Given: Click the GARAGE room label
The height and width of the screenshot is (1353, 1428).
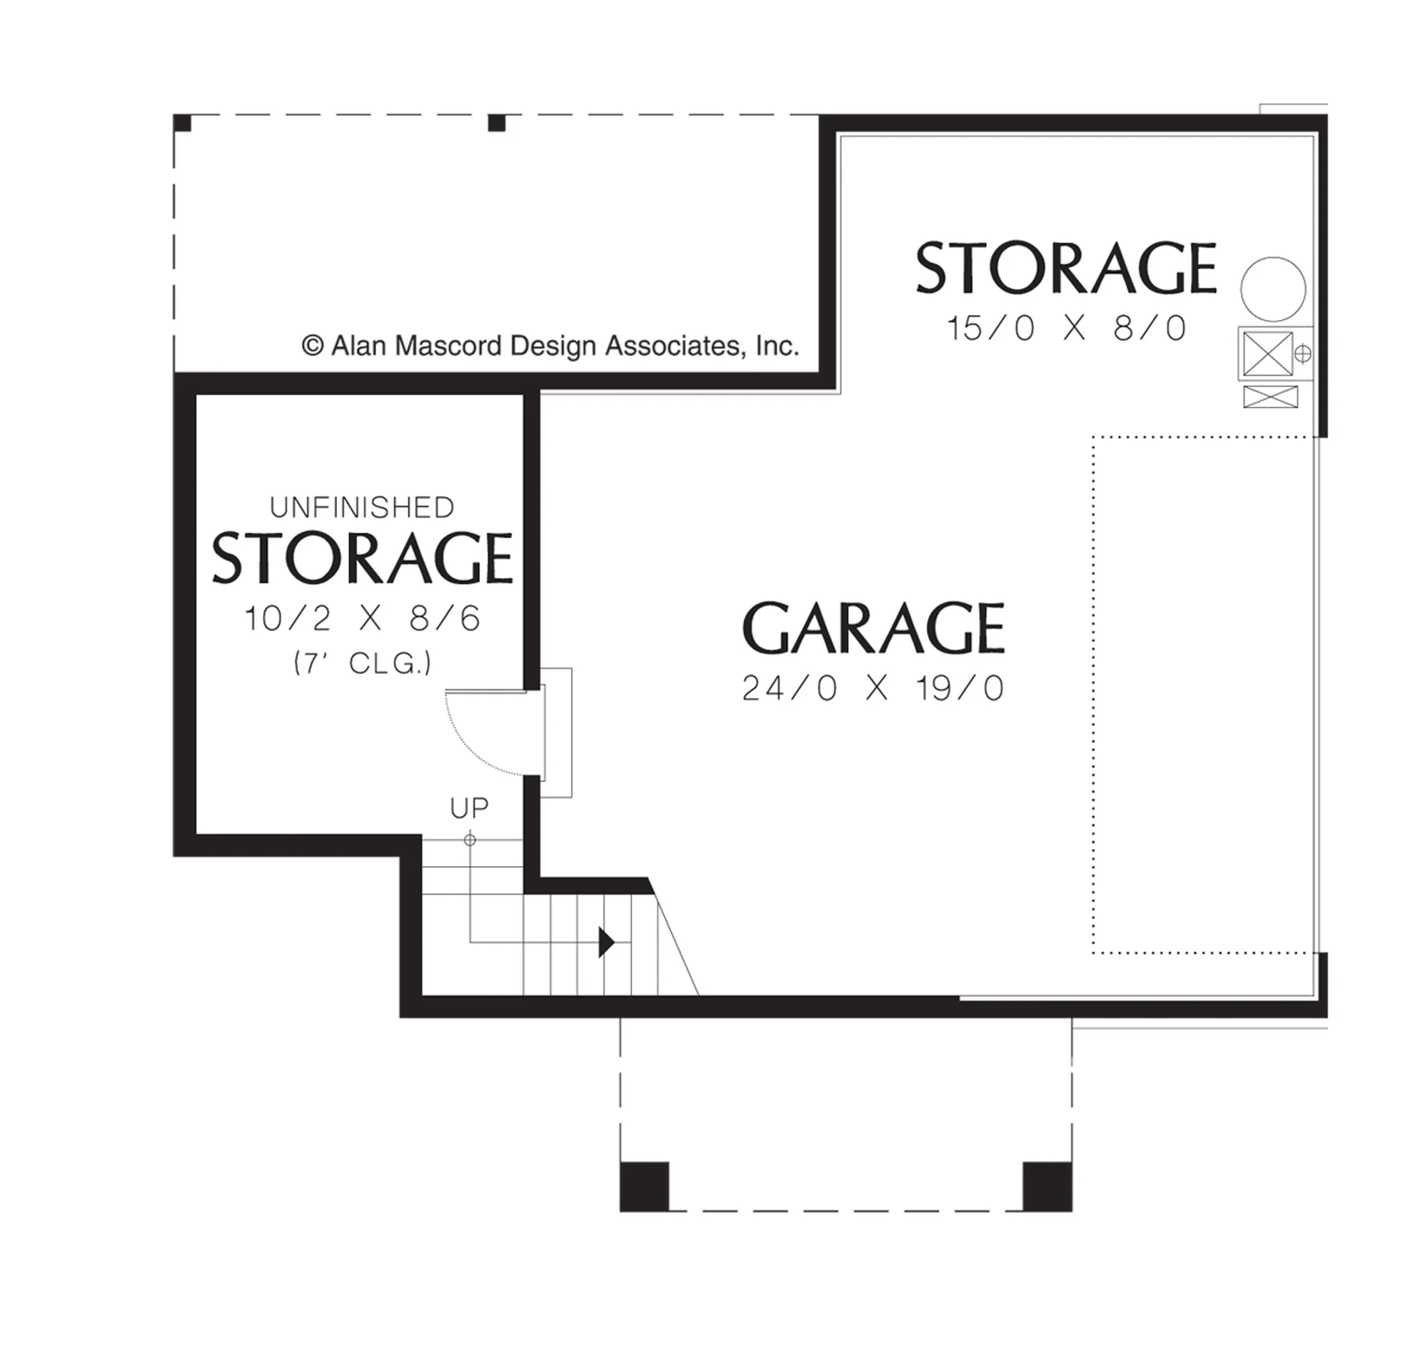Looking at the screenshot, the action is (x=873, y=628).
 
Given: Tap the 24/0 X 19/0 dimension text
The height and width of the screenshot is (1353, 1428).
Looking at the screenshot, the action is (x=873, y=688).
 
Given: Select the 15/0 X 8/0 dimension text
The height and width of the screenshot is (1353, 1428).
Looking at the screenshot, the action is (x=1066, y=328).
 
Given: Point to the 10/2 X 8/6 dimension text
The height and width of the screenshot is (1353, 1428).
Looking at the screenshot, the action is (x=362, y=619).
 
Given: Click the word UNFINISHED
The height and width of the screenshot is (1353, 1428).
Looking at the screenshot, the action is (x=362, y=508).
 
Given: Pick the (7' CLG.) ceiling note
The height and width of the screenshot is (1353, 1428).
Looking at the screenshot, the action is (x=363, y=663).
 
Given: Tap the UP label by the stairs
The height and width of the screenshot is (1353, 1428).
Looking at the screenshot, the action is (x=470, y=808).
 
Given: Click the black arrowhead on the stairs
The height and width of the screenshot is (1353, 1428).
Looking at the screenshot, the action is (x=606, y=942).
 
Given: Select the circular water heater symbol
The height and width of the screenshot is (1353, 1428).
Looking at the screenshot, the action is (x=1273, y=289).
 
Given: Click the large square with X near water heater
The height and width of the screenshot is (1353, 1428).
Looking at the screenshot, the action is (x=1268, y=353).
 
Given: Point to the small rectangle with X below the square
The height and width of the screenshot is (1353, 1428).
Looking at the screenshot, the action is (x=1271, y=397).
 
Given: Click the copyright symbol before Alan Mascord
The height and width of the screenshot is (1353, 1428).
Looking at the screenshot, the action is (x=312, y=346).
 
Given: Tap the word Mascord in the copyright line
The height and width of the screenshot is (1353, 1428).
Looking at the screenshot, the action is (x=448, y=346).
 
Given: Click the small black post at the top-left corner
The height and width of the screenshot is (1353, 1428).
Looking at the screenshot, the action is (x=183, y=123).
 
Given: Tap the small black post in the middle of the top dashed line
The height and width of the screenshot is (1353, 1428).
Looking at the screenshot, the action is (x=497, y=124).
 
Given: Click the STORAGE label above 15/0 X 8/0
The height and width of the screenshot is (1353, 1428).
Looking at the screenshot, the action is (x=1066, y=268).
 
